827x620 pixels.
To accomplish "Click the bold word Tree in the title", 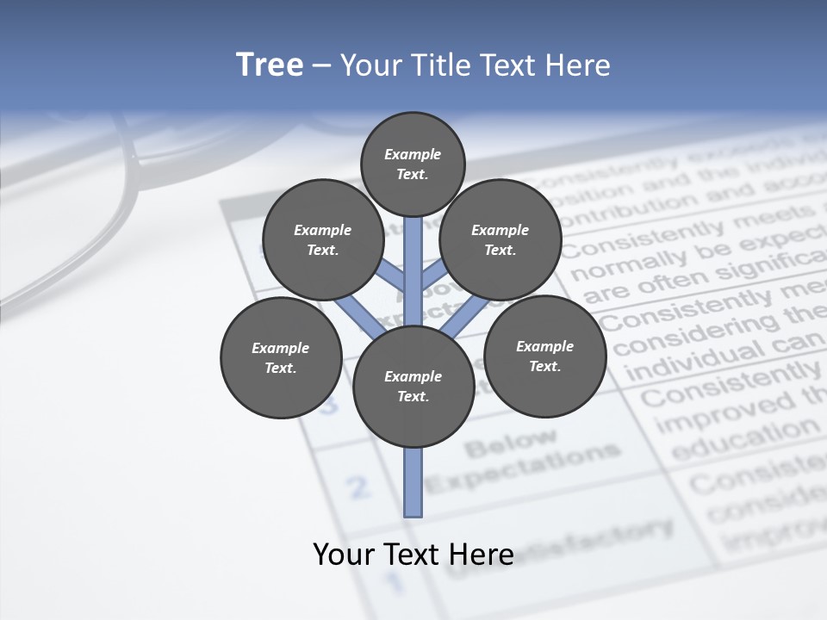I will click(270, 65).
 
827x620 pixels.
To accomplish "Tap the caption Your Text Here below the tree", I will click(413, 555).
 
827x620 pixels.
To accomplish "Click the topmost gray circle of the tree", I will click(413, 164).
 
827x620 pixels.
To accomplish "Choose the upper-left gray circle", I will click(322, 239).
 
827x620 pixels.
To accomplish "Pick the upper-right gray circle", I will click(500, 239).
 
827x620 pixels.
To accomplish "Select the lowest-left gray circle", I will click(280, 357).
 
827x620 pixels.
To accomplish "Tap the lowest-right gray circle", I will click(544, 356).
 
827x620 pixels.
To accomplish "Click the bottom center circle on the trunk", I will click(413, 387).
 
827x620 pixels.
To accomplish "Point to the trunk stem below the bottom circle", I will click(413, 482).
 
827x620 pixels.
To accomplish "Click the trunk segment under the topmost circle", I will click(413, 258).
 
